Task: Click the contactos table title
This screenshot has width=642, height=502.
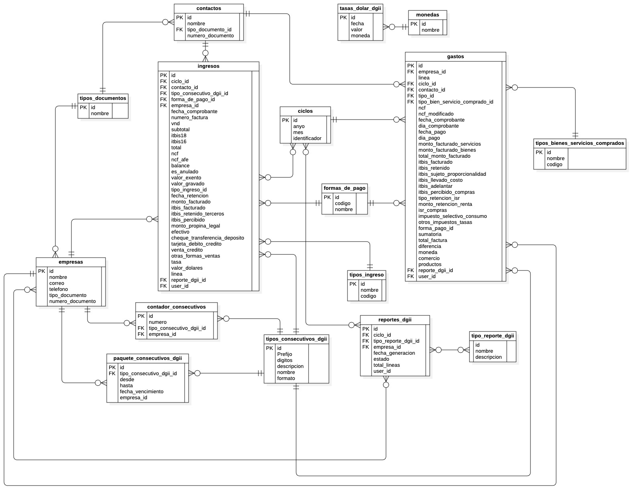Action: (x=209, y=8)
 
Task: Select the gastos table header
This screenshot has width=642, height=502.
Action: (x=455, y=57)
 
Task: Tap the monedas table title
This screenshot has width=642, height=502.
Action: (x=427, y=15)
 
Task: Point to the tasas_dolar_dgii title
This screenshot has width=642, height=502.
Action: (x=360, y=8)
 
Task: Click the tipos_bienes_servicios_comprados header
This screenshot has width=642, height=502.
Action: (x=580, y=143)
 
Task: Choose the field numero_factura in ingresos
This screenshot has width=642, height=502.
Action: (x=189, y=118)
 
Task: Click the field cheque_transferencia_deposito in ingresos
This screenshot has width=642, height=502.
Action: (x=207, y=238)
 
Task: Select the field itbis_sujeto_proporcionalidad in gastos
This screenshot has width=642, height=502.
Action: (x=452, y=174)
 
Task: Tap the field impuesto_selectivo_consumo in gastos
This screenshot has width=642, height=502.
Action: (x=452, y=216)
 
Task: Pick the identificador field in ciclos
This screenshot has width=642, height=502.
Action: (x=307, y=138)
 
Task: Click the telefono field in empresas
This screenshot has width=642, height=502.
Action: (x=59, y=289)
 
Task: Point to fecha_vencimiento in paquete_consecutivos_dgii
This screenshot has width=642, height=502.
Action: (x=141, y=392)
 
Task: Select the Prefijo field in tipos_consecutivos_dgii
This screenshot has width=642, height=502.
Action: (x=284, y=354)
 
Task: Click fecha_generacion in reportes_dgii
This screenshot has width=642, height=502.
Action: (x=394, y=353)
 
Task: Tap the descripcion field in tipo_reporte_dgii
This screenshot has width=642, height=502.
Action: (x=488, y=357)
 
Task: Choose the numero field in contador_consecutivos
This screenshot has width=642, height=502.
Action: (x=157, y=322)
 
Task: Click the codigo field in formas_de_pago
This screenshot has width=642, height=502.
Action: (x=343, y=203)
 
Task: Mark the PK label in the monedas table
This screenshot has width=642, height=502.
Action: (x=414, y=24)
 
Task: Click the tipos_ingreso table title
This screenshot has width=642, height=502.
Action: (x=366, y=275)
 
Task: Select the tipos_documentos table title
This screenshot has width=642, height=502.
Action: (x=103, y=98)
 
